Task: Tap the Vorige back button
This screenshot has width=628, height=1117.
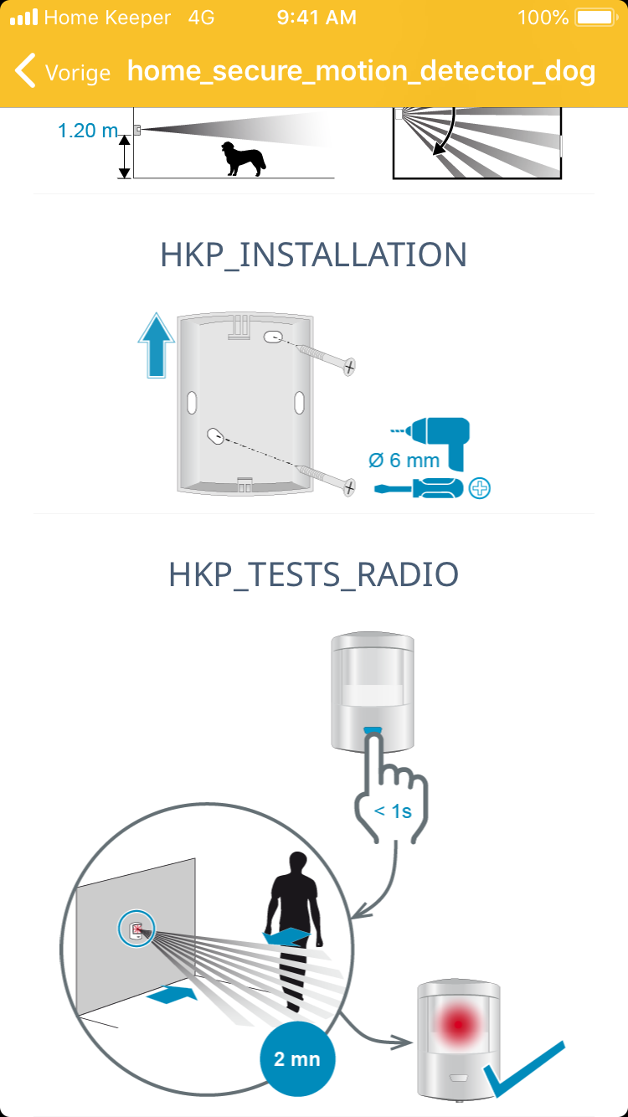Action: pyautogui.click(x=63, y=71)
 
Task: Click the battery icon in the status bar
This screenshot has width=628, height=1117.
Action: pyautogui.click(x=596, y=18)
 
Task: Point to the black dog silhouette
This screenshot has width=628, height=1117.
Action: pyautogui.click(x=243, y=158)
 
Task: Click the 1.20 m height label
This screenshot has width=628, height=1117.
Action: pyautogui.click(x=88, y=131)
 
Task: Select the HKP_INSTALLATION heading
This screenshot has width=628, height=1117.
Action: pyautogui.click(x=314, y=255)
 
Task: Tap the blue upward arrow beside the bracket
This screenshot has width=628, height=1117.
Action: pyautogui.click(x=156, y=345)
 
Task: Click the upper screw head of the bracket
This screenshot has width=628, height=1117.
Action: pyautogui.click(x=350, y=367)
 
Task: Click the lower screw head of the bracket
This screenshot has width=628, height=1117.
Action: pyautogui.click(x=350, y=486)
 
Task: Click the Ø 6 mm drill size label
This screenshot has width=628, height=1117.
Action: pyautogui.click(x=404, y=461)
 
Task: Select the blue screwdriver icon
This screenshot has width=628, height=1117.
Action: pyautogui.click(x=419, y=487)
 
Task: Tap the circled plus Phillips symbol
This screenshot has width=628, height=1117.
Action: pyautogui.click(x=480, y=488)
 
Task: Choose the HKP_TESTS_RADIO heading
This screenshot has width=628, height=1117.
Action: pyautogui.click(x=314, y=574)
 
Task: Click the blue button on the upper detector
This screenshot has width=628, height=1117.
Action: pyautogui.click(x=373, y=731)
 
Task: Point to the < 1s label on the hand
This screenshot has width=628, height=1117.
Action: pyautogui.click(x=393, y=811)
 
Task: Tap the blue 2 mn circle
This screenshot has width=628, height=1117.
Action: pyautogui.click(x=297, y=1058)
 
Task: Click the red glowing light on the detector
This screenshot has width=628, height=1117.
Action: pyautogui.click(x=458, y=1024)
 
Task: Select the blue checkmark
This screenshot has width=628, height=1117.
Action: pyautogui.click(x=524, y=1069)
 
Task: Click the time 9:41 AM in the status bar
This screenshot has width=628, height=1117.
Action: pyautogui.click(x=317, y=18)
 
